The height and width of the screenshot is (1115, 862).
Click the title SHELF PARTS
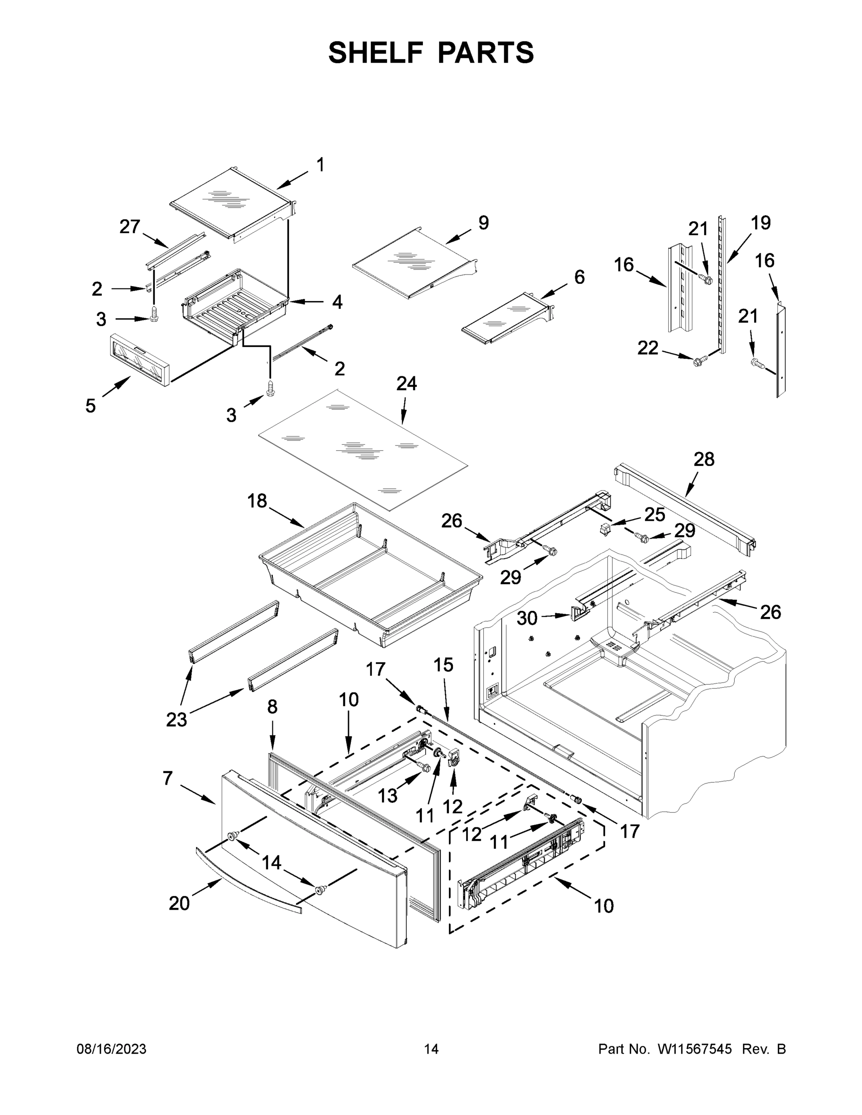point(431,52)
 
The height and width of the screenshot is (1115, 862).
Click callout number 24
point(407,383)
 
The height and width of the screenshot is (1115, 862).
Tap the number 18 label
point(257,501)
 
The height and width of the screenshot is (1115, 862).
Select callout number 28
point(704,459)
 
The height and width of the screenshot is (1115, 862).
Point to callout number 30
point(527,618)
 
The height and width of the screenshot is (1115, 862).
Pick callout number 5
point(91,406)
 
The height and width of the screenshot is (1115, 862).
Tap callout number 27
point(130,227)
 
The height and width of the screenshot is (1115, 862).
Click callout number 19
point(760,223)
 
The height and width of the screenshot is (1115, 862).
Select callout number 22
point(648,348)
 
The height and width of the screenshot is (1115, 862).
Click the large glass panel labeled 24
point(362,449)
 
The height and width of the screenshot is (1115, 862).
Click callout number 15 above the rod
point(443,665)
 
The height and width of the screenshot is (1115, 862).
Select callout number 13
point(388,795)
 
